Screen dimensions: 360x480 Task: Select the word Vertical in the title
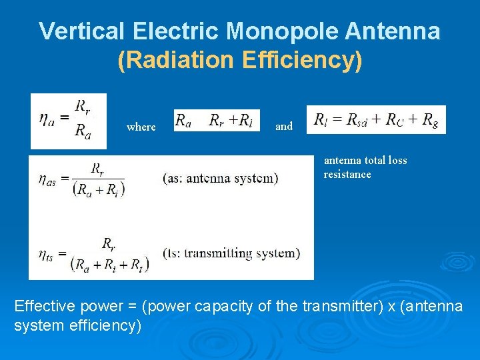click(x=82, y=31)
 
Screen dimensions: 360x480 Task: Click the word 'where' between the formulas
click(x=141, y=127)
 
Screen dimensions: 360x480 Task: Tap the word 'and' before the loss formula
click(x=284, y=126)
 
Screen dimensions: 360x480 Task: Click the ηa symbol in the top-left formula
click(x=47, y=118)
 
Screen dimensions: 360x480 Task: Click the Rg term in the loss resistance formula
click(x=431, y=120)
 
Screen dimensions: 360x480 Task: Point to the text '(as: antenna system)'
click(x=220, y=178)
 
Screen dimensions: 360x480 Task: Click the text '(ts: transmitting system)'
click(x=231, y=253)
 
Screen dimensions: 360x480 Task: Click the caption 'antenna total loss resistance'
click(x=365, y=167)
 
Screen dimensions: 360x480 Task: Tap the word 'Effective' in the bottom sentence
click(x=45, y=307)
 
